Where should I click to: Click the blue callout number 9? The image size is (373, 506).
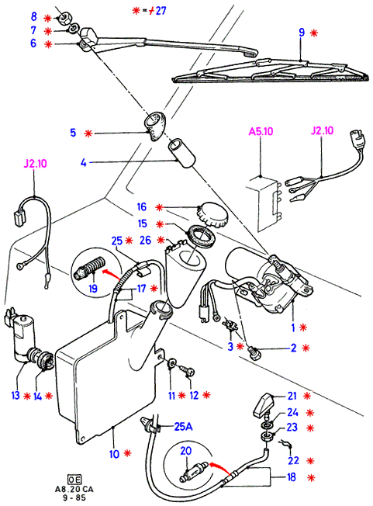coord(302,33)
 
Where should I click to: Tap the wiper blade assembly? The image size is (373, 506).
coord(271,72)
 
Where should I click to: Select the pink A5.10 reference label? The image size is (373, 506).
coord(261,131)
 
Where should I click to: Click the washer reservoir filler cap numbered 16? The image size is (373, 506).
coord(212,214)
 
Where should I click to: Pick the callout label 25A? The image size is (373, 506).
coord(183,427)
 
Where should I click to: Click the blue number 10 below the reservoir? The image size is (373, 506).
coord(115,454)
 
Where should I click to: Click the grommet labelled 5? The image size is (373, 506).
coord(154,126)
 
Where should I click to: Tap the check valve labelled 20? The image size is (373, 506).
coord(194,470)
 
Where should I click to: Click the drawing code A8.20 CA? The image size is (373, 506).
coord(74,489)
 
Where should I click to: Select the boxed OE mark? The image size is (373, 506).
coord(74,479)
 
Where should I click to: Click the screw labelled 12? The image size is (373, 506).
coord(188,370)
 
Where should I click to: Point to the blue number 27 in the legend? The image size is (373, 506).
coord(161,11)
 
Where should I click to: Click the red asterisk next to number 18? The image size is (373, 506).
coord(312,477)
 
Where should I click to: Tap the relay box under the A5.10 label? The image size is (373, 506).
coord(263,203)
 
